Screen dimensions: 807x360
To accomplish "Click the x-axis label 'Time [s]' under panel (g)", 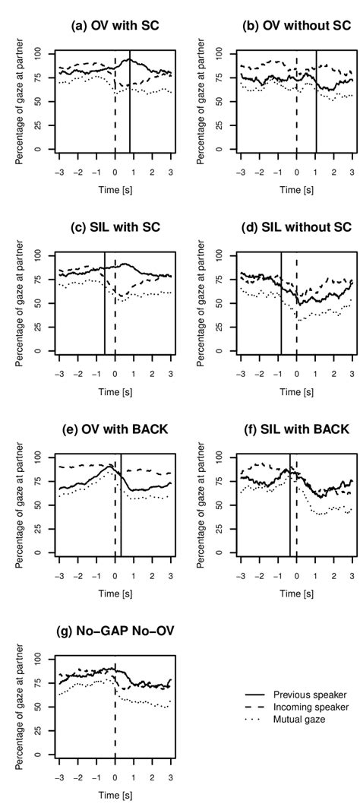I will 114,799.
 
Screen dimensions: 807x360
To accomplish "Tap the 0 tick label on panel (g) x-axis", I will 115,777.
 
